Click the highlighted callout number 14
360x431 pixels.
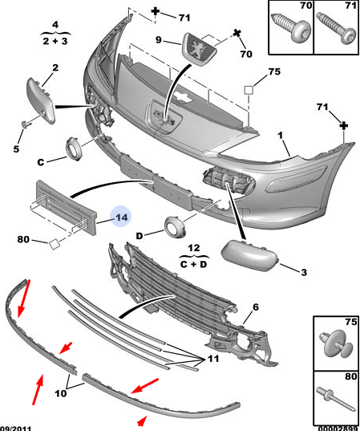(122, 218)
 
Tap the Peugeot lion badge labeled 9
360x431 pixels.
(199, 50)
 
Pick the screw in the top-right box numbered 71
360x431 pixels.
(337, 28)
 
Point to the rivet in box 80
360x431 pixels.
(336, 399)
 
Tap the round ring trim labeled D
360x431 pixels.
(176, 227)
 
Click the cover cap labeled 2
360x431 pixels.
(41, 101)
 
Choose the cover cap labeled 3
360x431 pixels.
(249, 255)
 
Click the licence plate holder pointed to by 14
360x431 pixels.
(66, 208)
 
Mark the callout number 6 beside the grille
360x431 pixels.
(256, 307)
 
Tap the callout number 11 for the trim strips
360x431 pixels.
(213, 359)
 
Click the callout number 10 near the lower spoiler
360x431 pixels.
(61, 393)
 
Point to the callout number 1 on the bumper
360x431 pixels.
(280, 136)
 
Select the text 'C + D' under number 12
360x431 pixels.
(193, 264)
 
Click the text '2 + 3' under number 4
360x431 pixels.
(55, 41)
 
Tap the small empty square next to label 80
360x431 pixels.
(54, 244)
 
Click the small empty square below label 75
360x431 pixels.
(249, 90)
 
